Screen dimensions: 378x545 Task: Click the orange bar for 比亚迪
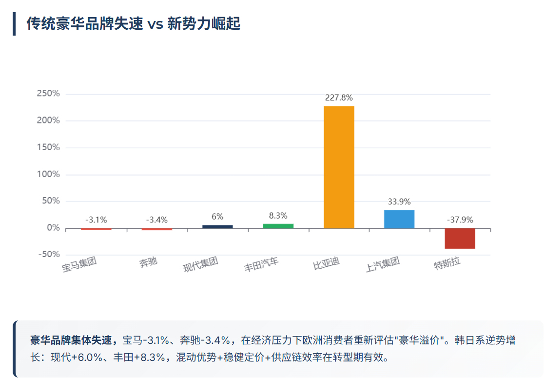point(339,167)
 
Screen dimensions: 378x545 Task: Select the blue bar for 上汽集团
point(399,219)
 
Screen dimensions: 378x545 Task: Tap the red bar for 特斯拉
point(460,239)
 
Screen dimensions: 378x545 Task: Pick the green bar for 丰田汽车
point(278,226)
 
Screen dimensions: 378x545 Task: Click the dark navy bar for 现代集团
point(217,226)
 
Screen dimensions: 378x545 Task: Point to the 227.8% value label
point(339,98)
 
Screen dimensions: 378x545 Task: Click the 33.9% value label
point(399,201)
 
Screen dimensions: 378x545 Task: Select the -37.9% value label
point(460,219)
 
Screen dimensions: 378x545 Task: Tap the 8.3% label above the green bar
point(278,215)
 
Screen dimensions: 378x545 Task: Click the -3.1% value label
point(96,219)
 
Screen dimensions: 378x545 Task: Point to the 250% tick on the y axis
point(48,94)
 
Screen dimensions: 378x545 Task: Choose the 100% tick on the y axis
point(48,174)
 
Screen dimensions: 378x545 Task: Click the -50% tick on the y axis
point(48,255)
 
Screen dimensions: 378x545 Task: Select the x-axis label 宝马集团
point(79,264)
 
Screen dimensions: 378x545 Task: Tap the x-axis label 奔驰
point(148,263)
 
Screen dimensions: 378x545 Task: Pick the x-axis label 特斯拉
point(447,264)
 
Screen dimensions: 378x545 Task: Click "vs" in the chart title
point(155,23)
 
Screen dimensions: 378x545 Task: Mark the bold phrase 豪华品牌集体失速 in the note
point(74,340)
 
